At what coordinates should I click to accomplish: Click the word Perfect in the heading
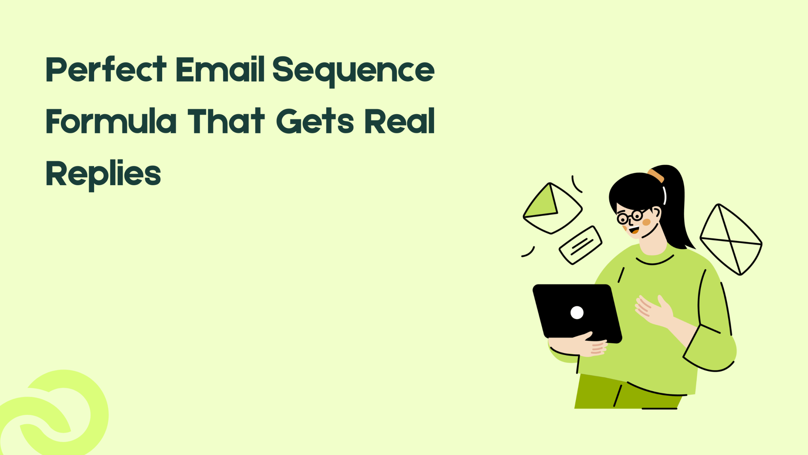(106, 70)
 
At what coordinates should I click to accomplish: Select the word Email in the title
(220, 70)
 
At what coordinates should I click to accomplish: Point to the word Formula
(111, 121)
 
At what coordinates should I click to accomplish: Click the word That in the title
(226, 121)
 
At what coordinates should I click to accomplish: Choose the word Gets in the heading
(315, 121)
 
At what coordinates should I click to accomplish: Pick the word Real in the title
(400, 121)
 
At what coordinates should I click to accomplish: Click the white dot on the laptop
(577, 313)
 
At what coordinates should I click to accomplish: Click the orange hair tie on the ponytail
(656, 176)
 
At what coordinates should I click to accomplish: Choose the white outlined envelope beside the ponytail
(731, 240)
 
